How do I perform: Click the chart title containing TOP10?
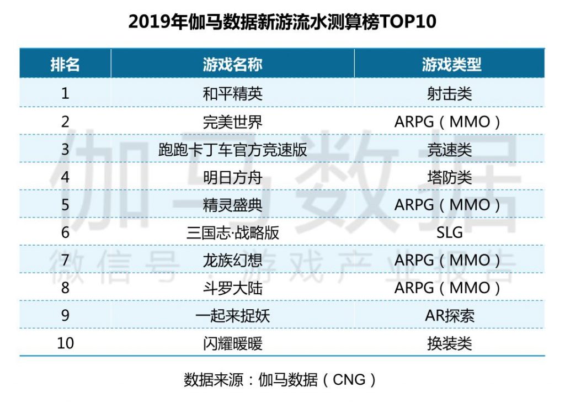point(282,22)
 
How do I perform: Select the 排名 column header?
point(65,65)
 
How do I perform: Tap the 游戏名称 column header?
point(232,65)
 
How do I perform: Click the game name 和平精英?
point(232,93)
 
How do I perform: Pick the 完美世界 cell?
point(232,121)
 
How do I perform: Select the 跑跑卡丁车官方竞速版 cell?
point(232,150)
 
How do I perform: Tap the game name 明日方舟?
point(232,177)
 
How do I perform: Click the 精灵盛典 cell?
point(232,205)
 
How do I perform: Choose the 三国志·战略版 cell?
point(232,232)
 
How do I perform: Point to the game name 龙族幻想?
point(232,260)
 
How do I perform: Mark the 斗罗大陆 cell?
point(232,288)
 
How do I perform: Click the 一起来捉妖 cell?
point(232,316)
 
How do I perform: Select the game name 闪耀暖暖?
point(232,343)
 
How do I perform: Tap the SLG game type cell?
point(449,232)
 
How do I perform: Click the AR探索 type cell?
point(449,316)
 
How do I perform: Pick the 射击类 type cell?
point(449,93)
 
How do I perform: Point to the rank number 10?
point(65,343)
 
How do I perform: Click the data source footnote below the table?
point(281,380)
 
